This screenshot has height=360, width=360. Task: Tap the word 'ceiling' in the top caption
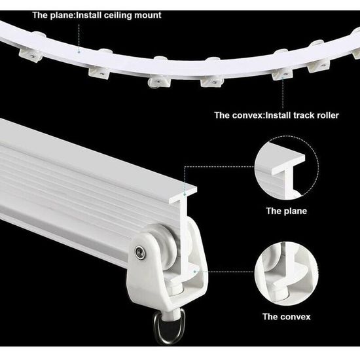pyautogui.click(x=118, y=16)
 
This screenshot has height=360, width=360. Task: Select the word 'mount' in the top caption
pyautogui.click(x=148, y=16)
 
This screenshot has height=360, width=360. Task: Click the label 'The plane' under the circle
pyautogui.click(x=287, y=211)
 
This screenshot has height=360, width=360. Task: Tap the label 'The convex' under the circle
pyautogui.click(x=287, y=317)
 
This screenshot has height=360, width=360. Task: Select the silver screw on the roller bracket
pyautogui.click(x=140, y=252)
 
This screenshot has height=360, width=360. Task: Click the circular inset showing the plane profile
pyautogui.click(x=287, y=168)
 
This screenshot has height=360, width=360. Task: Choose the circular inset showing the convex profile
pyautogui.click(x=287, y=274)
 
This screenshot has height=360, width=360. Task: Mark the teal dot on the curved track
pyautogui.click(x=79, y=52)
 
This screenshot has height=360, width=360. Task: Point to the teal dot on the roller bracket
pyautogui.click(x=194, y=272)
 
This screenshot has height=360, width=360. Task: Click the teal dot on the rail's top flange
pyautogui.click(x=185, y=194)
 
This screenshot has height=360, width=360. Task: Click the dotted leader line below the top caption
pyautogui.click(x=79, y=37)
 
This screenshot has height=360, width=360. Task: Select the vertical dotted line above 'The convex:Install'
pyautogui.click(x=283, y=93)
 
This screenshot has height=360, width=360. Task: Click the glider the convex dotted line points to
pyautogui.click(x=282, y=73)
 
